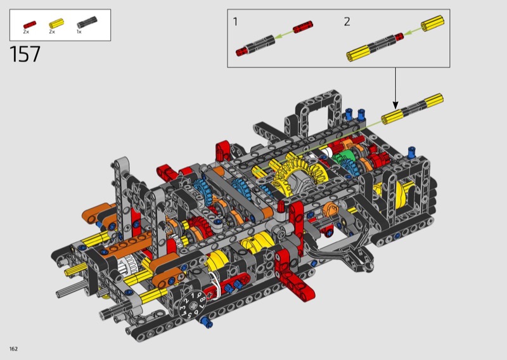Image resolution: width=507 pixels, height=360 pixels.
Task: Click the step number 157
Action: [25, 54]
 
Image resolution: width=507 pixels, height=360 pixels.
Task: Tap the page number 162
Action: [13, 349]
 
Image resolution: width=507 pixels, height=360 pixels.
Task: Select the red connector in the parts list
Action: [30, 25]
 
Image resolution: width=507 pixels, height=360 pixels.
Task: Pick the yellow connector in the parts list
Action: [56, 24]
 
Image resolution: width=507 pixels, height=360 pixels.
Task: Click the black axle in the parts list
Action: [87, 22]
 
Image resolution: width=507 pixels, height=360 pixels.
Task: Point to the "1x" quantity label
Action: [79, 32]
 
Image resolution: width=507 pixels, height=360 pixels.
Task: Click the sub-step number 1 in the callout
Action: [235, 22]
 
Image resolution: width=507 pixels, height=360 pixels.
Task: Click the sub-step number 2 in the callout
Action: [347, 22]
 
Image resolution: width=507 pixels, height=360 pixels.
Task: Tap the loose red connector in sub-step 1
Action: [303, 27]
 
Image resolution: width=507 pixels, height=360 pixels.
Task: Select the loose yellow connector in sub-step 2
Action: [432, 23]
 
